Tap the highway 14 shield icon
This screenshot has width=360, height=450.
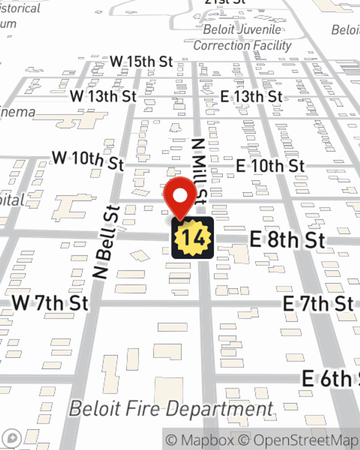click(193, 238)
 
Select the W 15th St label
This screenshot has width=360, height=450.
click(141, 62)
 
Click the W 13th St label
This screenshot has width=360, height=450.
click(103, 96)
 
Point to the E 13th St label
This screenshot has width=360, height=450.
click(251, 96)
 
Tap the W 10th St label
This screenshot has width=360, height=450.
click(88, 161)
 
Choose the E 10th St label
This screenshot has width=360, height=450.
click(270, 166)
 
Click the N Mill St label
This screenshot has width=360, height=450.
click(199, 171)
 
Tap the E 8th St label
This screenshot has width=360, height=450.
click(287, 240)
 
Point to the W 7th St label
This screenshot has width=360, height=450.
click(50, 303)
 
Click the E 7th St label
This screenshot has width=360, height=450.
click(318, 303)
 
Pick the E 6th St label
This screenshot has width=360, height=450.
click(329, 378)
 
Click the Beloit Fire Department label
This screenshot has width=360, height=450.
click(171, 409)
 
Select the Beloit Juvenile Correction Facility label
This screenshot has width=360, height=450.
click(243, 37)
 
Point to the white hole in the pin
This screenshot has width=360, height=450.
click(180, 196)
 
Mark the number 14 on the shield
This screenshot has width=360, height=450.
click(193, 238)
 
